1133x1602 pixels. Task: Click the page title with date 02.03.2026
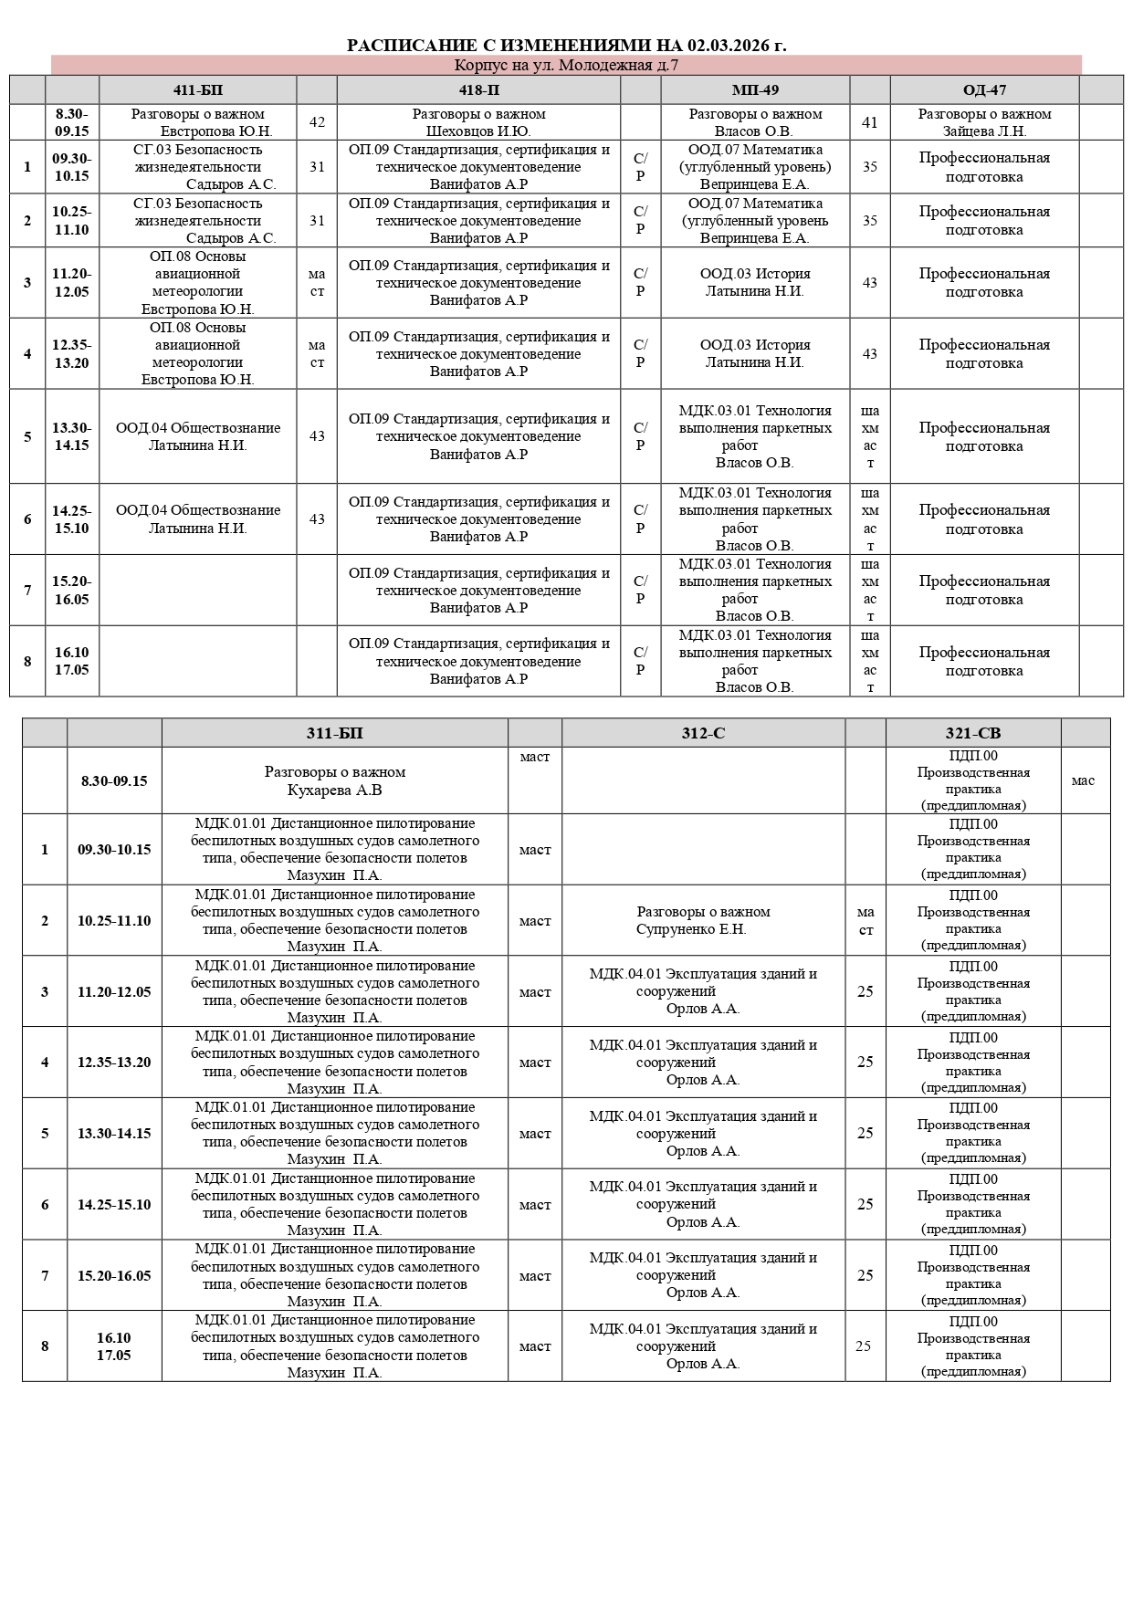566,46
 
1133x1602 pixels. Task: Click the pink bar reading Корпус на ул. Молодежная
566,65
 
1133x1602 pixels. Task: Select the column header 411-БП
197,89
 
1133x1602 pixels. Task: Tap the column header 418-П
478,89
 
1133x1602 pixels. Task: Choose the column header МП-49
755,89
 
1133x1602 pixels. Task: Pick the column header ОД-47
984,89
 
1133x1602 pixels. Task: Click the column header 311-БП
334,733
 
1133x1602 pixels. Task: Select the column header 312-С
703,733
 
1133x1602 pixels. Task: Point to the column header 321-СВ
973,733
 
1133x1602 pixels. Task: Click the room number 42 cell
317,122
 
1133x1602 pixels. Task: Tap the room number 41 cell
869,122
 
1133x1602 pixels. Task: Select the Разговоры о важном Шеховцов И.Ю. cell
478,122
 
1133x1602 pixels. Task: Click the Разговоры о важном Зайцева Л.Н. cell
984,122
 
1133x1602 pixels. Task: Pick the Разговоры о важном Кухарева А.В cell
334,780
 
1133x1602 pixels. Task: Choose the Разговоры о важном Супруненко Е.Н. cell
703,920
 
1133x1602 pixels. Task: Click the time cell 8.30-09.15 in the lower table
114,780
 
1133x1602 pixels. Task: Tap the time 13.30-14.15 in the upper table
72,436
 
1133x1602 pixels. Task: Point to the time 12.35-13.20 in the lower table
114,1063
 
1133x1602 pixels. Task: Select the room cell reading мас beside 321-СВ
1084,780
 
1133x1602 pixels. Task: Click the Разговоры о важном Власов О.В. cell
755,122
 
